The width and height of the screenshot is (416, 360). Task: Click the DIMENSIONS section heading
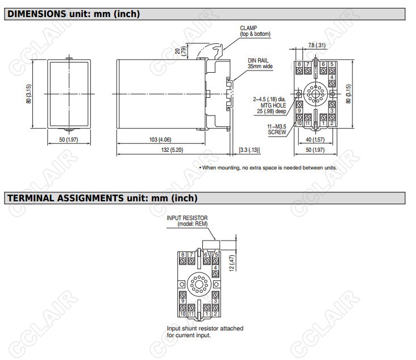(x=73, y=14)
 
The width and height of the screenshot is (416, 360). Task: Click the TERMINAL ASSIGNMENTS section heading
(x=102, y=198)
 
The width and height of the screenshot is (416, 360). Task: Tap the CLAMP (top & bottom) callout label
(x=255, y=31)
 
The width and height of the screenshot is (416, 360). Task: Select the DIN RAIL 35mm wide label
(x=260, y=64)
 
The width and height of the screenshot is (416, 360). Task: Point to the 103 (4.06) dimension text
(x=160, y=139)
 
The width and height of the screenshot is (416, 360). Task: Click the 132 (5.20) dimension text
(x=172, y=150)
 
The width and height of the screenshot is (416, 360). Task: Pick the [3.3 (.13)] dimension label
(x=249, y=150)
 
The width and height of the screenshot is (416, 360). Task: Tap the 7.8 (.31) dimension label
(x=317, y=45)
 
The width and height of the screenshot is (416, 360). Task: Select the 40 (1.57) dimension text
(x=315, y=139)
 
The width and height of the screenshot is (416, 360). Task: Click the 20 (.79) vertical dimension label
(x=181, y=51)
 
